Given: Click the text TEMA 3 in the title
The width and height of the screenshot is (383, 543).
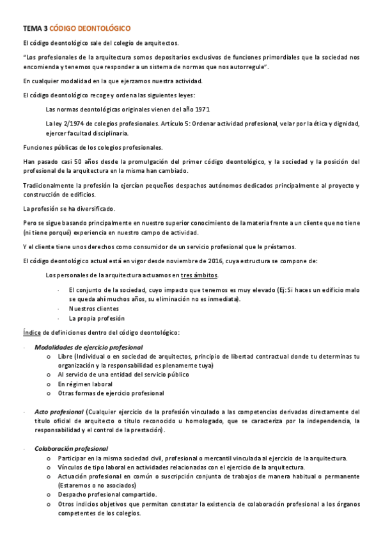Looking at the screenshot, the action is [x=35, y=29].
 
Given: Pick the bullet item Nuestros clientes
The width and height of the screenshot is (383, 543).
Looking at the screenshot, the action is [x=93, y=309].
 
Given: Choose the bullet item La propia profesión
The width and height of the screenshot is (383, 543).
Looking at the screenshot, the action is [x=97, y=318].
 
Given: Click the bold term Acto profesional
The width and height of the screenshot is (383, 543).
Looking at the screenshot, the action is [x=59, y=412].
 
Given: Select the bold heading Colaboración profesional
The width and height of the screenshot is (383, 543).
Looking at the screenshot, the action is [x=71, y=448].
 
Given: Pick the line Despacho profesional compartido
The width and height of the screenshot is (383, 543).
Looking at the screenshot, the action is [x=107, y=494].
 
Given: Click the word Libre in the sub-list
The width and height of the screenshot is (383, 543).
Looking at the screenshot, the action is [x=65, y=356].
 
